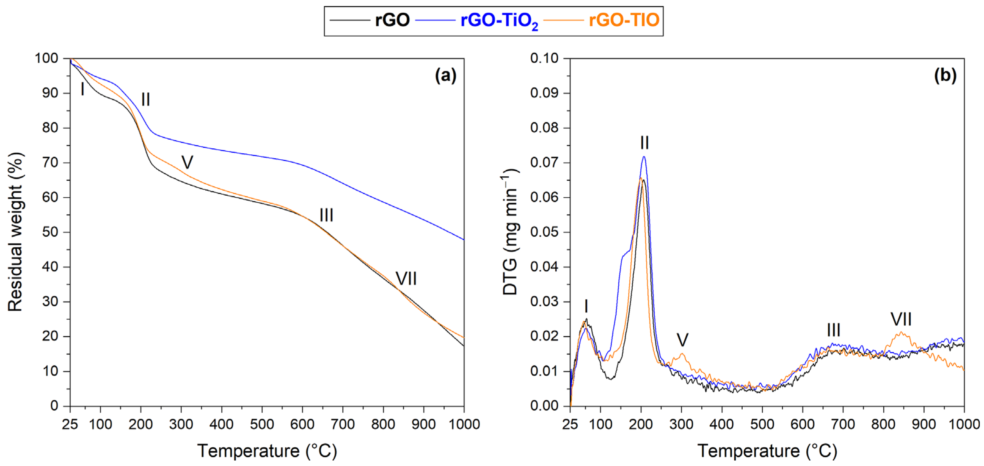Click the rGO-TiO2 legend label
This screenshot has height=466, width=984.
click(499, 21)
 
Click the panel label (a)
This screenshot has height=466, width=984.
click(445, 76)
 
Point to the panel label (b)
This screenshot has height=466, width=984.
click(945, 76)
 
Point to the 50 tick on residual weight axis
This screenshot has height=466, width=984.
click(50, 232)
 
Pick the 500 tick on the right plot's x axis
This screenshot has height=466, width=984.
click(762, 425)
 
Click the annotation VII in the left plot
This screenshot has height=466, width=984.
click(406, 279)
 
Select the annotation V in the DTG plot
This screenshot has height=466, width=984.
click(682, 340)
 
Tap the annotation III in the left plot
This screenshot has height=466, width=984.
click(326, 215)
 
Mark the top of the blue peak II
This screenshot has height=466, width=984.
click(644, 157)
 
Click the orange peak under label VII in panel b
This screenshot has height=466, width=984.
click(901, 333)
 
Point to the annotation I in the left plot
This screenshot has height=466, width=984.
click(82, 89)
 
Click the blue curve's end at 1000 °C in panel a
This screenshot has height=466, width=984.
click(463, 239)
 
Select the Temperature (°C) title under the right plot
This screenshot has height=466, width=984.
click(767, 451)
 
